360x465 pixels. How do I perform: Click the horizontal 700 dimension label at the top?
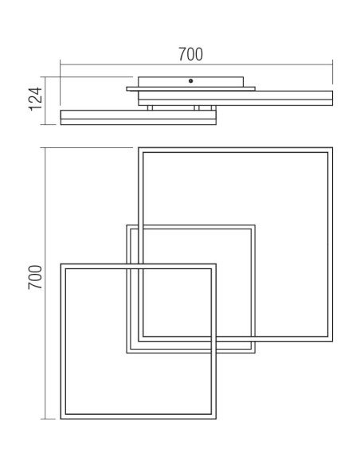pos(190,54)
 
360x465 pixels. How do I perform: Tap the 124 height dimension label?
pos(36,100)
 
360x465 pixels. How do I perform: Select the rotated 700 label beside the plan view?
pos(35,277)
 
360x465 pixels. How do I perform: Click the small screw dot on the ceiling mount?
pos(190,80)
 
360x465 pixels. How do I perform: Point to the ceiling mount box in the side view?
pos(190,82)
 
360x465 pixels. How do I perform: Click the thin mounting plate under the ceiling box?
pos(190,89)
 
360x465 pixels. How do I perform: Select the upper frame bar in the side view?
pos(236,98)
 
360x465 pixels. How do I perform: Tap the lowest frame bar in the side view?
pos(139,117)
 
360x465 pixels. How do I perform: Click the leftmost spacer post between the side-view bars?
pos(150,108)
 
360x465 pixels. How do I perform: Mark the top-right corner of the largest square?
pos(332,147)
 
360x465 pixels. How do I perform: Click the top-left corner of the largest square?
pos(139,147)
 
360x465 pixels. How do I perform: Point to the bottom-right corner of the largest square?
pos(332,341)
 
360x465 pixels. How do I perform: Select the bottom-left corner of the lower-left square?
pos(61,419)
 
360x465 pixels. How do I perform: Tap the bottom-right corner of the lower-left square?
pos(216,419)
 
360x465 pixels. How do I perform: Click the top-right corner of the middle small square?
pos(255,225)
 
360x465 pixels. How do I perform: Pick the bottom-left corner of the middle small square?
pos(127,353)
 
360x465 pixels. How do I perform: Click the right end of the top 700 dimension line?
pos(332,64)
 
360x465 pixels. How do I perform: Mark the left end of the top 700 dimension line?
pos(61,64)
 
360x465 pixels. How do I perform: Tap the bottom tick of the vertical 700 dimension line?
pos(45,419)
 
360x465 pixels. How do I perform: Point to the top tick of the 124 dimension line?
pos(45,77)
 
